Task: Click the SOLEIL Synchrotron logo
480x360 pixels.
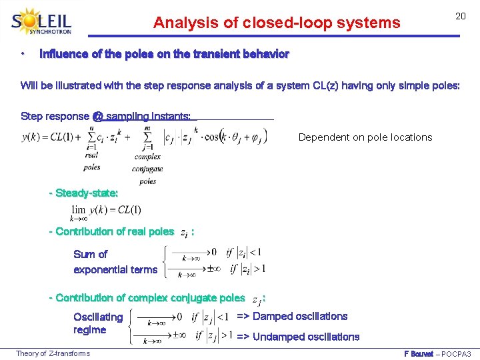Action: pyautogui.click(x=41, y=22)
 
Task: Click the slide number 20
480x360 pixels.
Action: pyautogui.click(x=460, y=16)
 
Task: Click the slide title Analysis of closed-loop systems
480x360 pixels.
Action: pyautogui.click(x=277, y=23)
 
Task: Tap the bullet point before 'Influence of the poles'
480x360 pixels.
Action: pyautogui.click(x=23, y=53)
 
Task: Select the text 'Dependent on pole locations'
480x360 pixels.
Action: pyautogui.click(x=365, y=137)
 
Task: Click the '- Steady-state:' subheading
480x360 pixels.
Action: pyautogui.click(x=84, y=193)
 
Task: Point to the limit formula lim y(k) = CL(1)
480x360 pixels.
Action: pyautogui.click(x=106, y=210)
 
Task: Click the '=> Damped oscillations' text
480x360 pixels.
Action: pyautogui.click(x=292, y=316)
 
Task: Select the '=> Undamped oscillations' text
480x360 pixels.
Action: pyautogui.click(x=298, y=337)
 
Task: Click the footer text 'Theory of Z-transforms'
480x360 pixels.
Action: pyautogui.click(x=53, y=353)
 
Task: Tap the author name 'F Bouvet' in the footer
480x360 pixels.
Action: pyautogui.click(x=419, y=353)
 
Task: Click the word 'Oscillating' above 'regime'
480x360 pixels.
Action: pyautogui.click(x=98, y=317)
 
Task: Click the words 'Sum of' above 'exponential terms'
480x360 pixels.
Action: pyautogui.click(x=90, y=254)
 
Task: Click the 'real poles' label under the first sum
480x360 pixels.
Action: pyautogui.click(x=92, y=161)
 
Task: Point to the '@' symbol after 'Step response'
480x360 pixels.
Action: pyautogui.click(x=97, y=116)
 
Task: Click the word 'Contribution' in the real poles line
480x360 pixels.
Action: pyautogui.click(x=85, y=231)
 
